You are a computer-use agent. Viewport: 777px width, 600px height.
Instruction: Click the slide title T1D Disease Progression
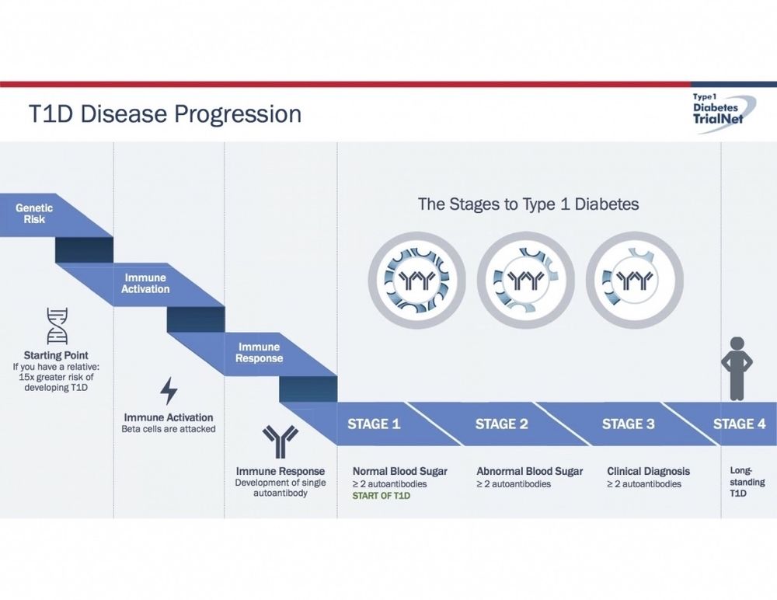coord(165,113)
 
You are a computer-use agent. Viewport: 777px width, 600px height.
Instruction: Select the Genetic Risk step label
coord(34,214)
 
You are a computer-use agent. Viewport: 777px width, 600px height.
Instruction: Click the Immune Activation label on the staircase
coord(145,283)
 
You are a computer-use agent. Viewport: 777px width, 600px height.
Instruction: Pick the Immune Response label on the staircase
coord(259,353)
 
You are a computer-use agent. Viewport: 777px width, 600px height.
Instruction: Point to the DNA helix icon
coord(56,325)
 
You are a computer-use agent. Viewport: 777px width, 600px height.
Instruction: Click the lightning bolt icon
coord(169,391)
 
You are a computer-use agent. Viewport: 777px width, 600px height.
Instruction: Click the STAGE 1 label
coord(374,424)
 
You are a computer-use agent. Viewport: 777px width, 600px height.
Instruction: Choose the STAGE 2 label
coord(501,424)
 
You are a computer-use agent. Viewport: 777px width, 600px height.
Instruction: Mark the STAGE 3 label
coord(628,424)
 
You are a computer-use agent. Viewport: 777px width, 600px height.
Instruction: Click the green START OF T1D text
coord(382,495)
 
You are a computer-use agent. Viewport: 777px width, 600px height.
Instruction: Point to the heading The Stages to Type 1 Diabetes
coord(528,204)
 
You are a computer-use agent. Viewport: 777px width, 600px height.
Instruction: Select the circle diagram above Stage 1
coord(416,279)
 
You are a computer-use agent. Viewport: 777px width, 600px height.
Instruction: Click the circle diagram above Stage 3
coord(634,279)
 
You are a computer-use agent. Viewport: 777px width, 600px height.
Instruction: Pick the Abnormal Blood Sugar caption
coord(529,471)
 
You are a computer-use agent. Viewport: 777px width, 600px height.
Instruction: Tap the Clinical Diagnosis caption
coord(648,471)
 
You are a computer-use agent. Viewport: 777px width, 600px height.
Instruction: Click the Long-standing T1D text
coord(747,482)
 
